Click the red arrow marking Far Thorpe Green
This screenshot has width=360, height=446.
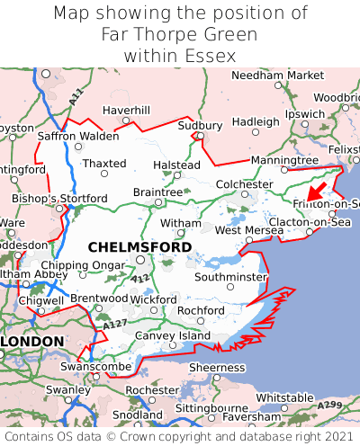click(x=316, y=190)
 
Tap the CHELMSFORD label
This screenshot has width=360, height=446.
click(x=139, y=246)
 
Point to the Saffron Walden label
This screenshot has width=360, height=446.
click(x=77, y=137)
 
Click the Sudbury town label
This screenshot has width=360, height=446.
click(x=200, y=125)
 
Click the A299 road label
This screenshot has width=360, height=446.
click(x=330, y=406)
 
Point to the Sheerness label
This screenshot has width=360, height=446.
click(x=216, y=367)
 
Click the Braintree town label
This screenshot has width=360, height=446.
click(x=157, y=192)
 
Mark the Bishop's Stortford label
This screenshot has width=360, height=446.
click(x=47, y=198)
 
